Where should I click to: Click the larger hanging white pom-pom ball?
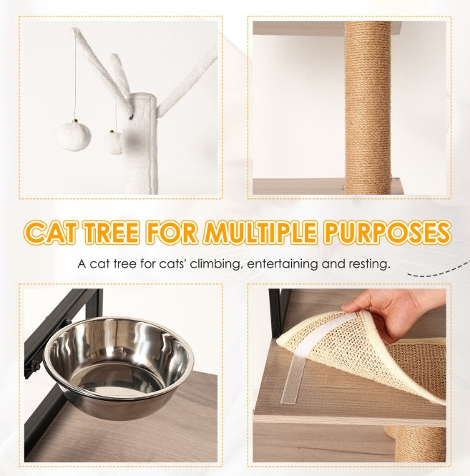coord(74,135)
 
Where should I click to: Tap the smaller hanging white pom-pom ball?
coord(113,142)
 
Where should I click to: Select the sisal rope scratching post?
coord(367,107)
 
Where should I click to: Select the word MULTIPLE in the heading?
coord(273,233)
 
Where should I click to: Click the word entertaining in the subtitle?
coord(283,265)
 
